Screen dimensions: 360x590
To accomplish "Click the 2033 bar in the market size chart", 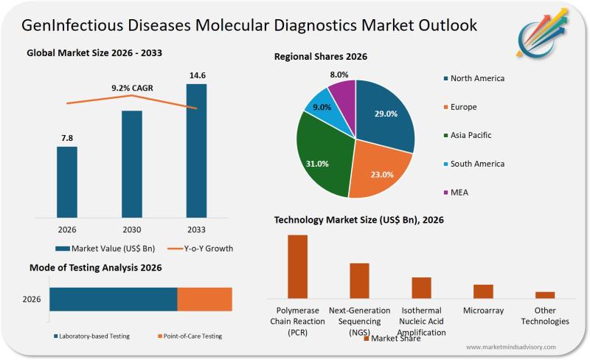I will pos(196,151).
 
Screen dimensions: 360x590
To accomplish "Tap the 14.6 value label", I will pos(196,75).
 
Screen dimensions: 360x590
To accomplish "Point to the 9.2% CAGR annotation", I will pos(131,89).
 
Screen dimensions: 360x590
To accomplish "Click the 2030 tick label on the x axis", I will pos(132,229).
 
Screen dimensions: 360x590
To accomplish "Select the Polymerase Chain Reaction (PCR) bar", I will pos(297,266).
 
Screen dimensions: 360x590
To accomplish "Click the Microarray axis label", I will pos(483,311).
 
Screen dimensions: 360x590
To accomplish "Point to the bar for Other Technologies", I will pos(545,294).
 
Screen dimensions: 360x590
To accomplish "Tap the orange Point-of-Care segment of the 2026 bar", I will pos(205,300).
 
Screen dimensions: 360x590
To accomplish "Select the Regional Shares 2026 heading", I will pos(321,56).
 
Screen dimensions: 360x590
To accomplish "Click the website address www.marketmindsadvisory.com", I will pos(511,347).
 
